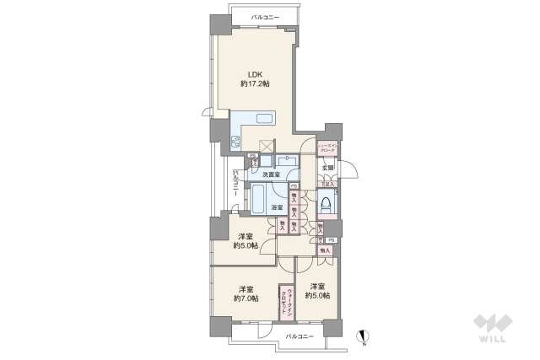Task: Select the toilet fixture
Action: (x=325, y=201)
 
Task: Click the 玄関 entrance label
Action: (x=327, y=168)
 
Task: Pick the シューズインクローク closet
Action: (x=327, y=148)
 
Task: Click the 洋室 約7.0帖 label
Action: (x=246, y=292)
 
